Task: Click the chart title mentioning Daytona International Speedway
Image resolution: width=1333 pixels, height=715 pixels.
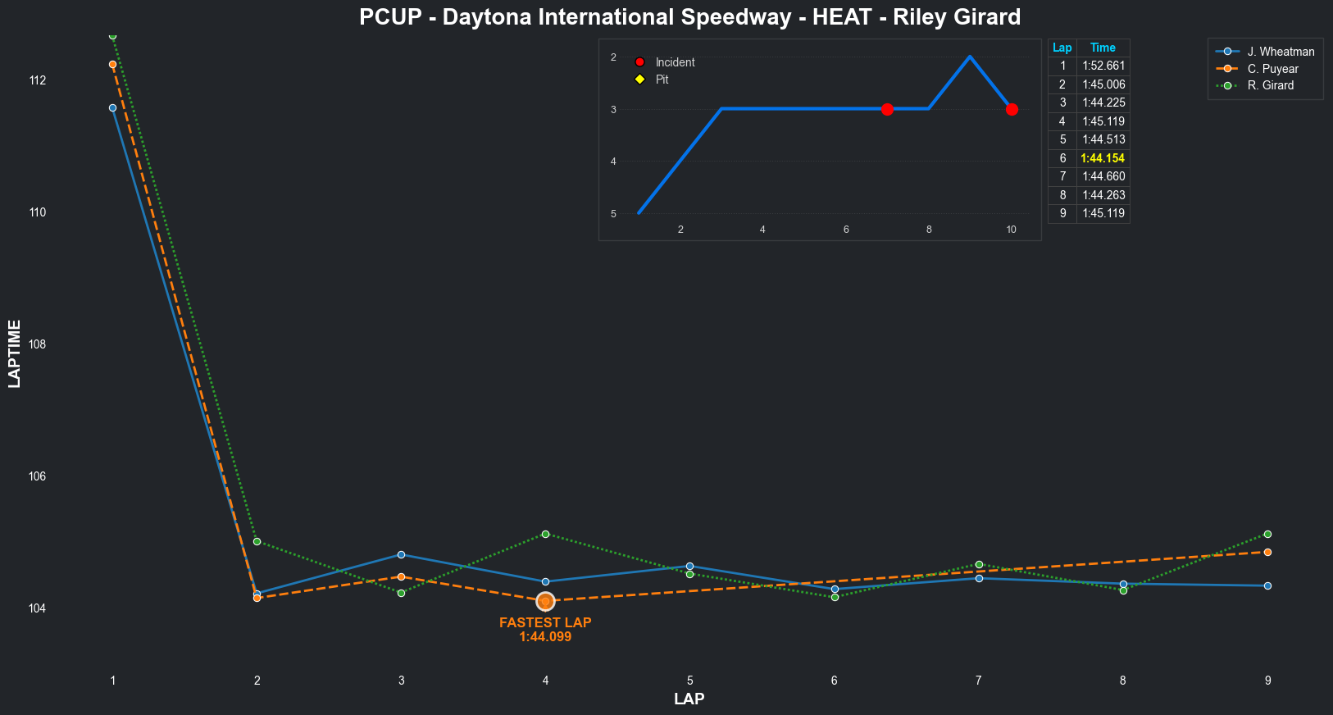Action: pyautogui.click(x=689, y=17)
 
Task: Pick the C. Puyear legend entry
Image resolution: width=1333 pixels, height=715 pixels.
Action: pyautogui.click(x=1272, y=69)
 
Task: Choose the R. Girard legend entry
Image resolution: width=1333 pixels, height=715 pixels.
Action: pyautogui.click(x=1270, y=85)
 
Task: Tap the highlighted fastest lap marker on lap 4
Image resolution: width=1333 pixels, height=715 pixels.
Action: pyautogui.click(x=545, y=602)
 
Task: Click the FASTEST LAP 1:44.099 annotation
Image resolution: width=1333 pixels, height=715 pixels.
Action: pyautogui.click(x=545, y=630)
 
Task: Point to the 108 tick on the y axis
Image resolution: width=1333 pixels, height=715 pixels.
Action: pyautogui.click(x=37, y=344)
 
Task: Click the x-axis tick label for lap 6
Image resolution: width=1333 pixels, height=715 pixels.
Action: pyautogui.click(x=835, y=681)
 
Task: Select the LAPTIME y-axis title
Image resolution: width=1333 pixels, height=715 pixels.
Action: pyautogui.click(x=15, y=353)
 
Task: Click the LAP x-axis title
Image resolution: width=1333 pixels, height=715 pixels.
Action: pyautogui.click(x=689, y=699)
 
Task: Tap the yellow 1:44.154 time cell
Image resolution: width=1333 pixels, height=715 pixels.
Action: pyautogui.click(x=1103, y=158)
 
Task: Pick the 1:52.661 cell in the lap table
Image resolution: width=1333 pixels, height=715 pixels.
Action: pyautogui.click(x=1103, y=66)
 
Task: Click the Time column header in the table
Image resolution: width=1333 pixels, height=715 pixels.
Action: pyautogui.click(x=1103, y=48)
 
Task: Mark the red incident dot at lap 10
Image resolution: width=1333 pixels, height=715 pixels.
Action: pyautogui.click(x=1012, y=109)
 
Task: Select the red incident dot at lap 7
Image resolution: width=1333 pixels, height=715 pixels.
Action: pyautogui.click(x=887, y=109)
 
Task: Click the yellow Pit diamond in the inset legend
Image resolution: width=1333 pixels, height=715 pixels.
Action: pyautogui.click(x=640, y=80)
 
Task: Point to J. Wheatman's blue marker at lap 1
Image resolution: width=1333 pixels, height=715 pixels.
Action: pyautogui.click(x=112, y=107)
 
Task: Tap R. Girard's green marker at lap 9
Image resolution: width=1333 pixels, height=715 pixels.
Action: pyautogui.click(x=1267, y=534)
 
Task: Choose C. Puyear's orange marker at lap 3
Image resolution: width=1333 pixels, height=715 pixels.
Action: pyautogui.click(x=401, y=576)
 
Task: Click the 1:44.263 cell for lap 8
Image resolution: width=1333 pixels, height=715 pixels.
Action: pyautogui.click(x=1103, y=195)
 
